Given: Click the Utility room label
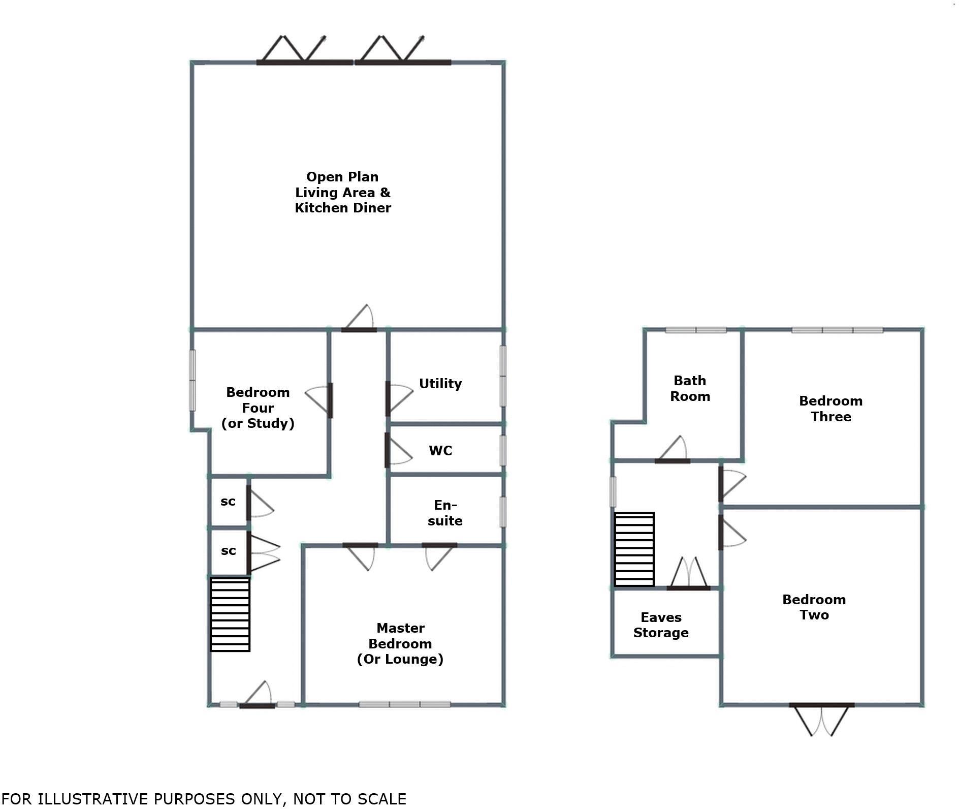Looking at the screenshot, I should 440,384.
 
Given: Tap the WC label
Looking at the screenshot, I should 440,451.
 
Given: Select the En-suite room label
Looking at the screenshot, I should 444,513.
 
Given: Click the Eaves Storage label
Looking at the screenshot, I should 660,625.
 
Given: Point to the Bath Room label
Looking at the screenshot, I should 689,388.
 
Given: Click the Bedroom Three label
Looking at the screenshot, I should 830,409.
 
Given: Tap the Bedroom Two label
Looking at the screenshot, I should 814,607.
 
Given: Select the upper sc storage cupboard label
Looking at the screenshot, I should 228,502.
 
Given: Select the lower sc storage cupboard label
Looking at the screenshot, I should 228,551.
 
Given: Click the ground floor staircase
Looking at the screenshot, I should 230,614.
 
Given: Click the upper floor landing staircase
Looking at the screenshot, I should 634,549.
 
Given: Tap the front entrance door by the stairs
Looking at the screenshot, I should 257,704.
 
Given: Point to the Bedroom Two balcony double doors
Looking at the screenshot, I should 821,705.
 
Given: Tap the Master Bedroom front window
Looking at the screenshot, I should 404,704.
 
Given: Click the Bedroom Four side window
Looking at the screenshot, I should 193,380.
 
